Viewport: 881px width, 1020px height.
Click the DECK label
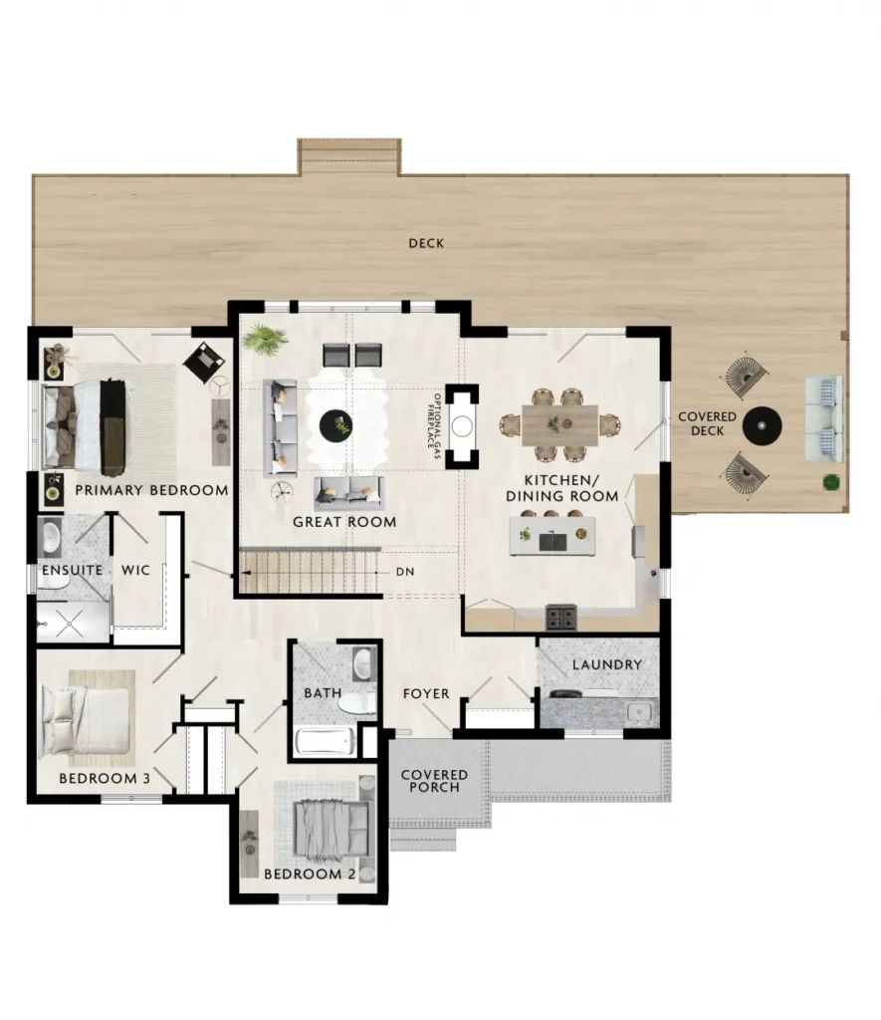(x=426, y=243)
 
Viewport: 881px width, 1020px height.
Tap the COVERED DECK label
(x=707, y=423)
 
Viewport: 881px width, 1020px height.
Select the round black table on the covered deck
(x=762, y=426)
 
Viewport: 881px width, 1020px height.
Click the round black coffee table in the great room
(x=336, y=426)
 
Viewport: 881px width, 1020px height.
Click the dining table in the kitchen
(x=559, y=424)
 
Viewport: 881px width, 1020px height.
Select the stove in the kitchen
(x=560, y=618)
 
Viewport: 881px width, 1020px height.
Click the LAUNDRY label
(x=606, y=664)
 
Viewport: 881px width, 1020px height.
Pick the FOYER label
(x=426, y=694)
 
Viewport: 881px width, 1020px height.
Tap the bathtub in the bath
(x=326, y=741)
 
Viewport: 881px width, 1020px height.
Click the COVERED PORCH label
(x=434, y=781)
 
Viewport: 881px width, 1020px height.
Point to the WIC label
(x=136, y=571)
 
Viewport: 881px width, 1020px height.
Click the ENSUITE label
(x=72, y=571)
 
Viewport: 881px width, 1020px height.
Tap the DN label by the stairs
(x=405, y=572)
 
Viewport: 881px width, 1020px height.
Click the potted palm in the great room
(x=265, y=339)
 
